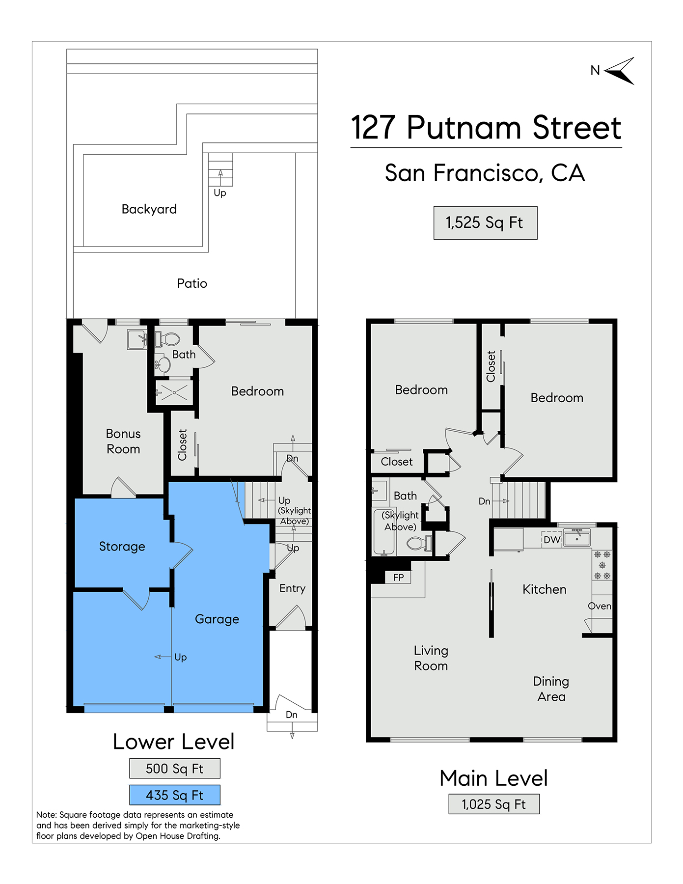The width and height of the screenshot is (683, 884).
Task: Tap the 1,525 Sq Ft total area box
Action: click(485, 223)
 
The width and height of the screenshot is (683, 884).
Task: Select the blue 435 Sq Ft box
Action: click(175, 795)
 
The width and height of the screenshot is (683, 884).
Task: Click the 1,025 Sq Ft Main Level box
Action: click(494, 804)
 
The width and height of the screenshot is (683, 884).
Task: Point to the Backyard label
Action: click(149, 209)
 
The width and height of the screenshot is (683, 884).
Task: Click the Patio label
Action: click(192, 283)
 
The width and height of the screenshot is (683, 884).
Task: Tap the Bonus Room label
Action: click(123, 441)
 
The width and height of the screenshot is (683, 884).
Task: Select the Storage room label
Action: click(122, 547)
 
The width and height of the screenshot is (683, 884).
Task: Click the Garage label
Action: click(217, 619)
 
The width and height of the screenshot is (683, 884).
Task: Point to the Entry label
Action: click(292, 588)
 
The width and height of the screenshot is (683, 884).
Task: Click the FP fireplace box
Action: click(398, 578)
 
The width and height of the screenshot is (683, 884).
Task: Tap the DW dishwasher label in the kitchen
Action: click(552, 540)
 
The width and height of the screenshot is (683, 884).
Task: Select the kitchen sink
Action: click(577, 538)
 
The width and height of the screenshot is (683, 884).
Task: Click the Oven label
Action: click(600, 606)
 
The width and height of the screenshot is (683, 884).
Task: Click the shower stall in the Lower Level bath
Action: click(174, 392)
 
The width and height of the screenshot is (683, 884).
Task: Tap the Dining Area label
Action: click(551, 689)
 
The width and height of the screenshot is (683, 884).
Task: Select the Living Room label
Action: click(431, 658)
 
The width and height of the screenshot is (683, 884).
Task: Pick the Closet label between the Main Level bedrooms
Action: click(491, 366)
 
